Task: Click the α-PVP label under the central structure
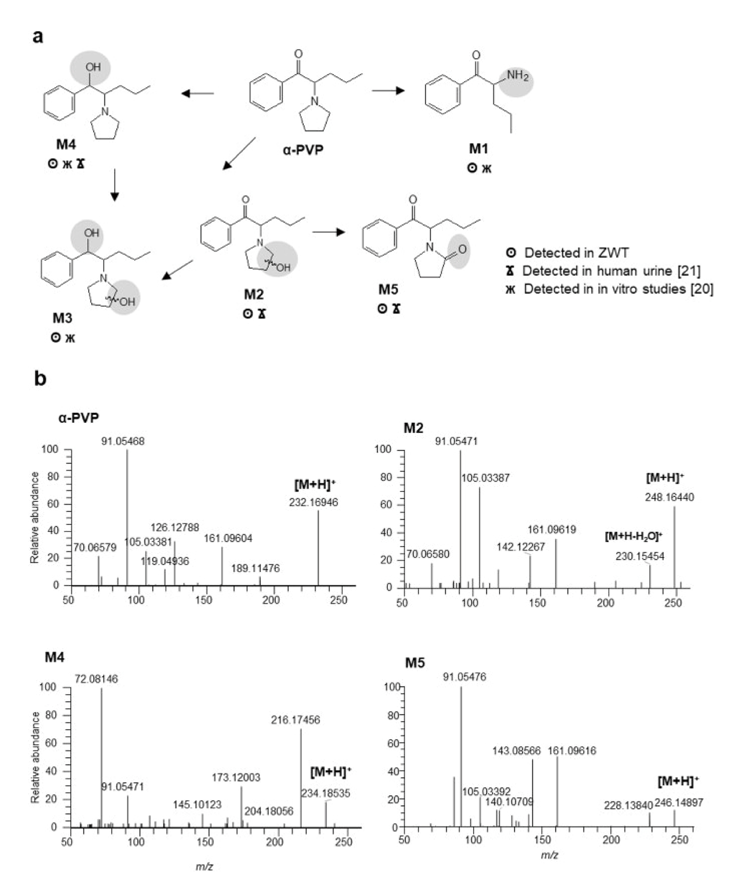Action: pyautogui.click(x=303, y=150)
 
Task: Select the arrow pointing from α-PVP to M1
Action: pyautogui.click(x=388, y=91)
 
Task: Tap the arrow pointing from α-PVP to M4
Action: pyautogui.click(x=197, y=94)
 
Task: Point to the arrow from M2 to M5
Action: pyautogui.click(x=328, y=231)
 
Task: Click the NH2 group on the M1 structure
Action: pyautogui.click(x=517, y=77)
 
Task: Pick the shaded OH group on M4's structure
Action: pyautogui.click(x=93, y=67)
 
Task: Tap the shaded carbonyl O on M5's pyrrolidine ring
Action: pyautogui.click(x=461, y=250)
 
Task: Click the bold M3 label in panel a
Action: pyautogui.click(x=62, y=318)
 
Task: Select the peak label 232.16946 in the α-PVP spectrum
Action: pyautogui.click(x=313, y=502)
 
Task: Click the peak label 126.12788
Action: pyautogui.click(x=175, y=528)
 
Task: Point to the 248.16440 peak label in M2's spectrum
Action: pyautogui.click(x=669, y=497)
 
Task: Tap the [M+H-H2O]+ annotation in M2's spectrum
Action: pyautogui.click(x=634, y=537)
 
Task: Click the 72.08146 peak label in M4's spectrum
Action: pyautogui.click(x=97, y=679)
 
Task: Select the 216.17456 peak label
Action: pyautogui.click(x=295, y=720)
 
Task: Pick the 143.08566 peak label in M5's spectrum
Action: pyautogui.click(x=516, y=750)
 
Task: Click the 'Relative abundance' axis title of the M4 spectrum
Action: pyautogui.click(x=36, y=757)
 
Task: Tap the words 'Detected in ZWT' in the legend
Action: pyautogui.click(x=576, y=253)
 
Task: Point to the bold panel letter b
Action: pyautogui.click(x=40, y=379)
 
